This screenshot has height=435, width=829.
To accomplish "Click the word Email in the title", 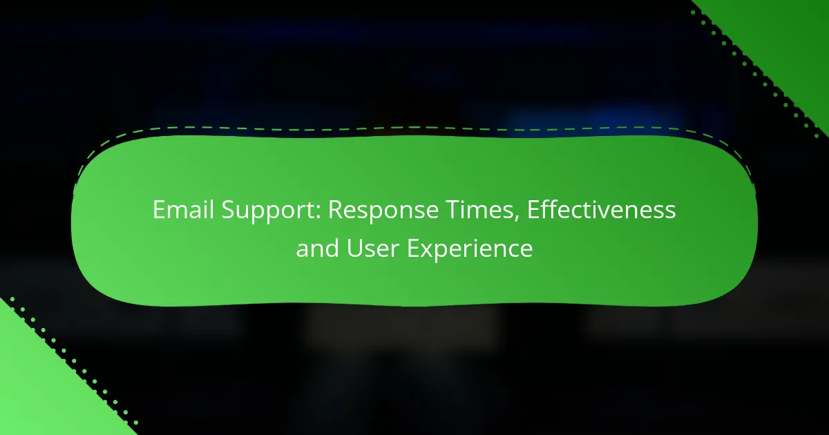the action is pos(183,210).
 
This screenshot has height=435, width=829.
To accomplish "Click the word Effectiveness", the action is pos(602,210).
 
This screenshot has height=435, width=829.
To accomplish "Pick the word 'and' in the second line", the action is pos(317,248).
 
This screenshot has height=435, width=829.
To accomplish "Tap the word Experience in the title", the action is pos(470,251).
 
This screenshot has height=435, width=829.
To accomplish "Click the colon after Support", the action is pos(318,213).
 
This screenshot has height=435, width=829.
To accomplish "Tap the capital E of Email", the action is pos(159,210).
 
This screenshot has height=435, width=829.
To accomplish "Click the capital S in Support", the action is pos(229,210).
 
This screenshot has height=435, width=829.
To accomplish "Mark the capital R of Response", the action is pos(336,210).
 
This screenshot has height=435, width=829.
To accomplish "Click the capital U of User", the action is pos(355,248).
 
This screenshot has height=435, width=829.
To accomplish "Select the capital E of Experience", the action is pos(413,248).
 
